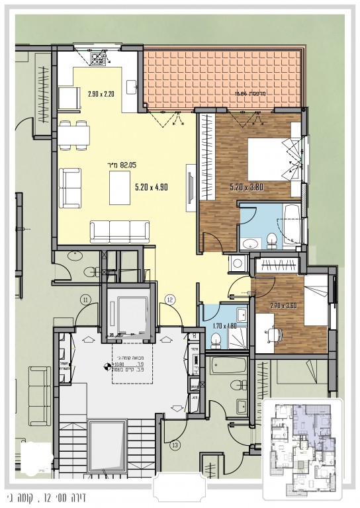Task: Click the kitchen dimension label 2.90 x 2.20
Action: pos(101,93)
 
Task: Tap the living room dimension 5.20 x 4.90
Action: pos(152,187)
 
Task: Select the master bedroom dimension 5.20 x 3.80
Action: pos(247,187)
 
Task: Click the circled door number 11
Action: pos(85,300)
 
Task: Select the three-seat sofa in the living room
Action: pos(120,232)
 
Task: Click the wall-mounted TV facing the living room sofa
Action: pos(191,188)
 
